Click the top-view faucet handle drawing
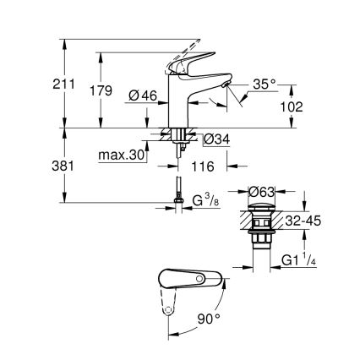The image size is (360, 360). click(190, 281)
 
